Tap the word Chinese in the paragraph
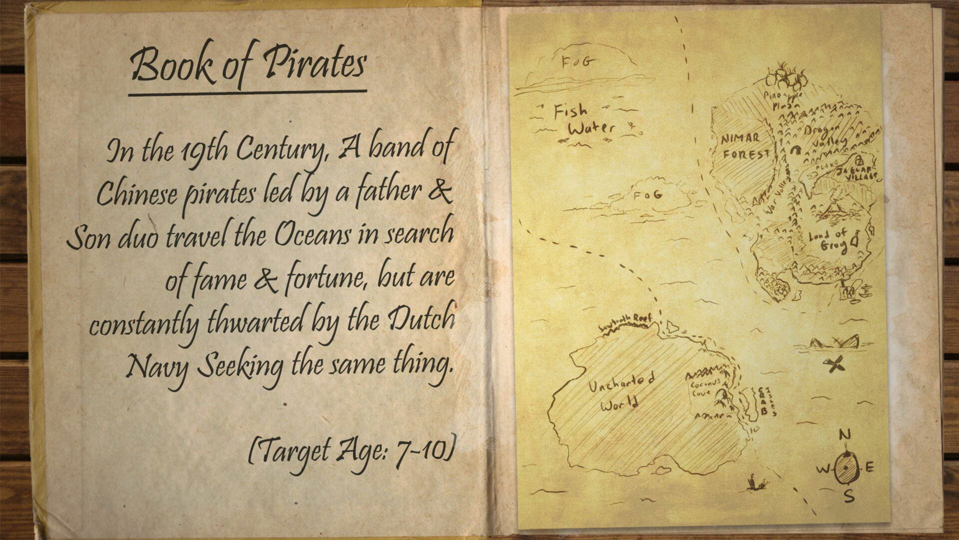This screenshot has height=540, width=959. [x=136, y=192]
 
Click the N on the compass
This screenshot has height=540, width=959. [x=845, y=434]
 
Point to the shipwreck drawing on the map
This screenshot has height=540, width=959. [x=834, y=343]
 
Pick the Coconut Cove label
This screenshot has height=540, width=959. [x=704, y=388]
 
